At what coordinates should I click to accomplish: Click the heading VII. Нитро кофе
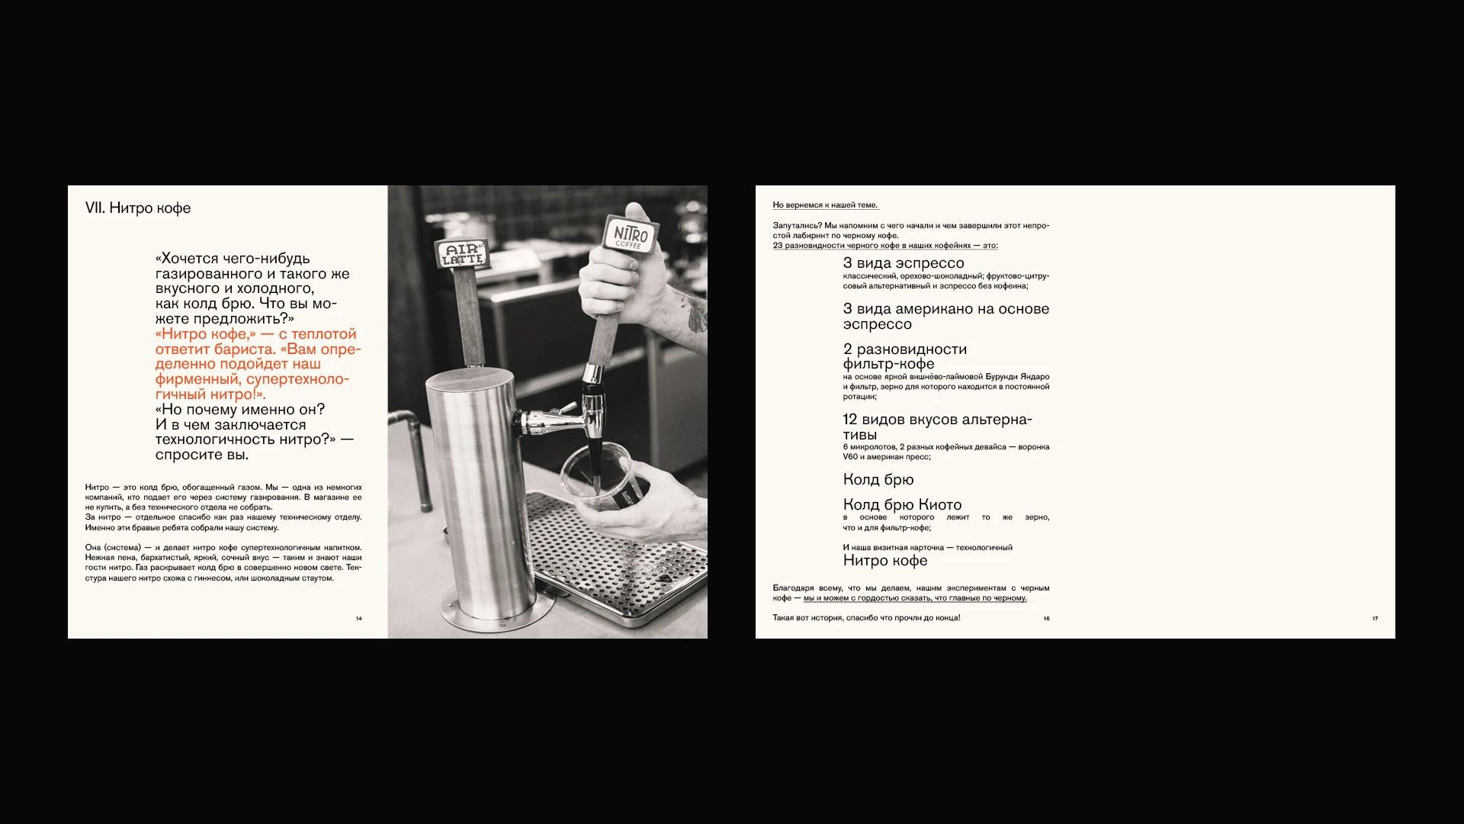click(138, 208)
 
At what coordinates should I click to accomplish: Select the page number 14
click(359, 619)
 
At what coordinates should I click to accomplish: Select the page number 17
click(1375, 619)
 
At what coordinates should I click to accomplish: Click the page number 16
click(1046, 619)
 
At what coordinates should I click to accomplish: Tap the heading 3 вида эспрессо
click(904, 263)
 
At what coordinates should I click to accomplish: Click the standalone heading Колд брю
click(878, 480)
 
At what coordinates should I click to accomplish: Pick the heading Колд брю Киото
click(902, 504)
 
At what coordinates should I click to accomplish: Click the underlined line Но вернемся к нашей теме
click(825, 205)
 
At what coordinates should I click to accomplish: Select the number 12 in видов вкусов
click(849, 420)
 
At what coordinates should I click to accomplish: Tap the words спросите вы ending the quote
click(202, 455)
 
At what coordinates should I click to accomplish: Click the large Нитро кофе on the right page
click(885, 561)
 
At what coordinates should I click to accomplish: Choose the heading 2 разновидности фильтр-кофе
click(904, 356)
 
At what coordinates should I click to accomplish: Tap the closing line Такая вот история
click(866, 618)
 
